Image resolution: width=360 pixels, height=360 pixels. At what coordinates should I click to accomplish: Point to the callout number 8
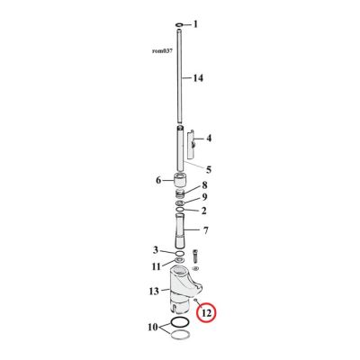tap(203, 186)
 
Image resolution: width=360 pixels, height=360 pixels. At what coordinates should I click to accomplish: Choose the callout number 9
tap(204, 198)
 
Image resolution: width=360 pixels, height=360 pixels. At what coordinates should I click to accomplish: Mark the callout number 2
tap(203, 211)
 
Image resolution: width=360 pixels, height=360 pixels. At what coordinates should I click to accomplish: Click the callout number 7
tap(207, 231)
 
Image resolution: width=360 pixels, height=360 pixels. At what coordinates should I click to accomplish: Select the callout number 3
tap(156, 250)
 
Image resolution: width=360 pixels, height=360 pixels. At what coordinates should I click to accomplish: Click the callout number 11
tap(157, 266)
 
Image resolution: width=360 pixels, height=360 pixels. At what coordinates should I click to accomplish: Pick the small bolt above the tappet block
tap(197, 255)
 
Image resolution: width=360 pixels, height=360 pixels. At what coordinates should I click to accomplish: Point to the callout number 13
tap(155, 291)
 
